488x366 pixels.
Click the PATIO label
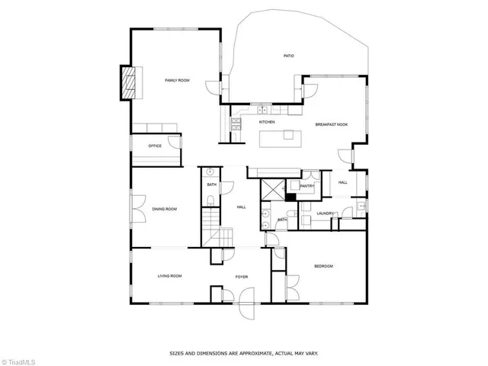coord(288,56)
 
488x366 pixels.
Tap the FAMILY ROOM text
coord(177,80)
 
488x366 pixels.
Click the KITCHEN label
coord(266,122)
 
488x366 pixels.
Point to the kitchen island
coord(278,138)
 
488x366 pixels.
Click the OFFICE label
coord(155,146)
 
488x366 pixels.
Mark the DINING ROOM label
coord(164,208)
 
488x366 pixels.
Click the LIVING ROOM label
coord(169,275)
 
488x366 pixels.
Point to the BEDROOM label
coord(323,265)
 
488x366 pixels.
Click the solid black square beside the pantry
coord(291,196)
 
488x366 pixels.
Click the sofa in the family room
coord(156,128)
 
